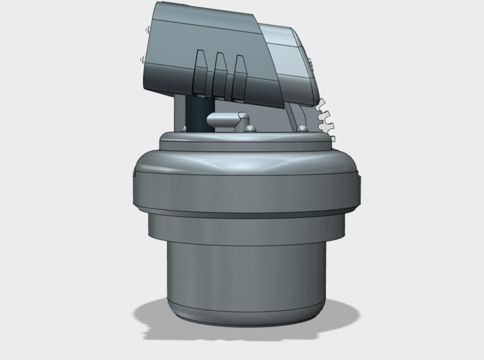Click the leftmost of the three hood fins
click(x=201, y=74)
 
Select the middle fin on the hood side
click(x=220, y=74)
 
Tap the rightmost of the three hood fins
click(x=239, y=75)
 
